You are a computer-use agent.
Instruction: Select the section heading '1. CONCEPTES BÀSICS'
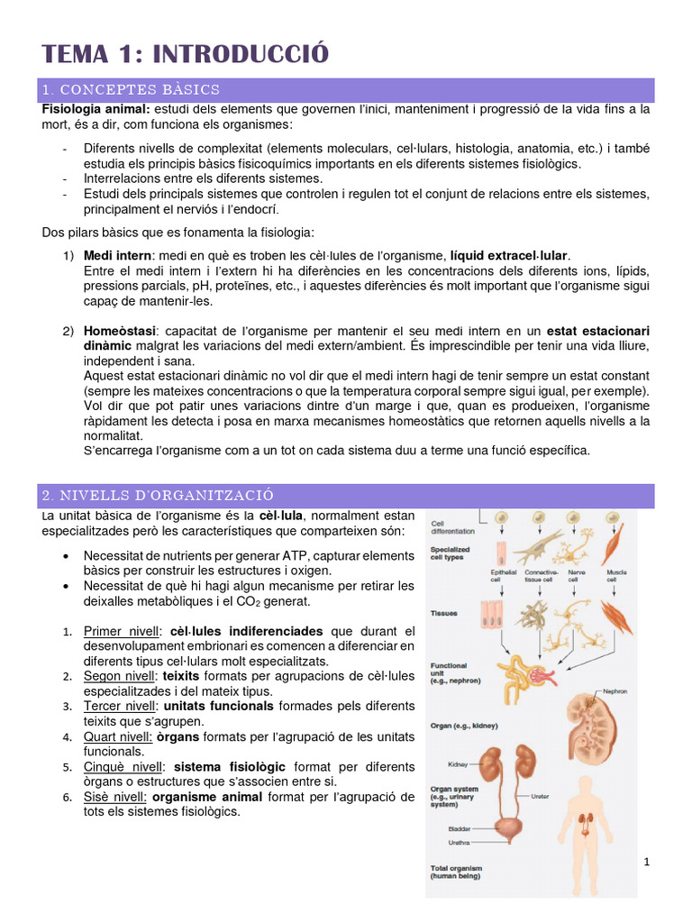(x=131, y=90)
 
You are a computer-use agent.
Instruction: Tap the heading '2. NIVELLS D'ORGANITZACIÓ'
(x=158, y=496)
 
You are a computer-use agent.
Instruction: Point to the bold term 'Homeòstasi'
(x=114, y=331)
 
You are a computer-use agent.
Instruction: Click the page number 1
(x=647, y=863)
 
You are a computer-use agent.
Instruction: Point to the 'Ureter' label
(x=540, y=796)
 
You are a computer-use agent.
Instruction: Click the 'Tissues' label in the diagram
(x=444, y=613)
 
